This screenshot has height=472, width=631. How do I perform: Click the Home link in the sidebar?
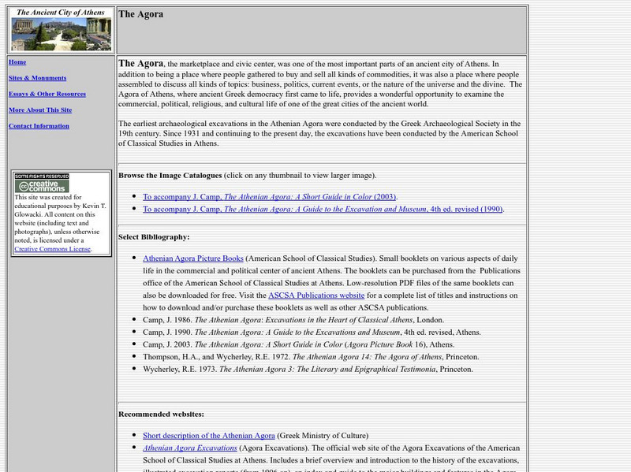click(x=17, y=62)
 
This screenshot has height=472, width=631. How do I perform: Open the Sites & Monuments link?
click(x=37, y=78)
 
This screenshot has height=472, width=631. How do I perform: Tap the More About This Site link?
click(x=40, y=110)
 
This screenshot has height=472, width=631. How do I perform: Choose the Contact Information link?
click(x=39, y=126)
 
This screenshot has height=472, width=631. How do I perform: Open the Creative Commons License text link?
click(x=52, y=249)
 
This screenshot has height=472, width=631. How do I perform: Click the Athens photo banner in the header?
click(x=61, y=35)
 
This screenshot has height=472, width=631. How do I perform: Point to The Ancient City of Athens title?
click(x=61, y=13)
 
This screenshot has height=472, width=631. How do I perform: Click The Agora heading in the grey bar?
click(x=141, y=14)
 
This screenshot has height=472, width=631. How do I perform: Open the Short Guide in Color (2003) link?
click(x=271, y=196)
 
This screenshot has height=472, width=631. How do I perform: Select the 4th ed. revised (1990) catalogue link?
click(x=323, y=209)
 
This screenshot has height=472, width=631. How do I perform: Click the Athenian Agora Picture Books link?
click(x=193, y=258)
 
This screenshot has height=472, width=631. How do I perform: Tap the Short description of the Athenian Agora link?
click(x=209, y=435)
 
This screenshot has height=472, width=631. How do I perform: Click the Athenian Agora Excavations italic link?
click(x=190, y=448)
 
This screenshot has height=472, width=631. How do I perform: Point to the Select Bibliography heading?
click(x=154, y=236)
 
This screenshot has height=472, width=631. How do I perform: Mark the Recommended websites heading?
click(x=161, y=414)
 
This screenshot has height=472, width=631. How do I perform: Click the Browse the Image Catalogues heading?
click(x=170, y=175)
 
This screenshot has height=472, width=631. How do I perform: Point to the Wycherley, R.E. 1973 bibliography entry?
click(x=308, y=369)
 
